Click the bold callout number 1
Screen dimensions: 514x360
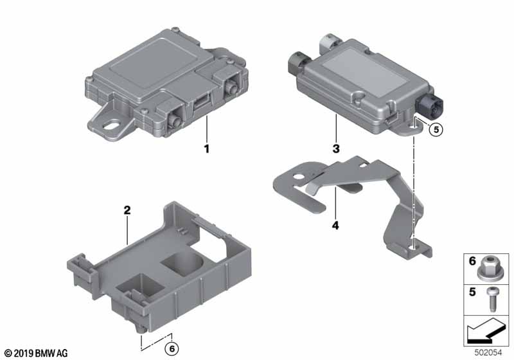click(x=206, y=149)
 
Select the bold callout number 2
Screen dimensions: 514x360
click(x=127, y=210)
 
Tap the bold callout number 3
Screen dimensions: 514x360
click(x=336, y=149)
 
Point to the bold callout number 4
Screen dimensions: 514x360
click(x=335, y=226)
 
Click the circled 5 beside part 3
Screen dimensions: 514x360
click(x=436, y=129)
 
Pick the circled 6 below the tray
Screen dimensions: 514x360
click(x=172, y=349)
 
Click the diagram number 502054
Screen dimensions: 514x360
click(x=488, y=353)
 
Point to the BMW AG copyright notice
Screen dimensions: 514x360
click(x=37, y=353)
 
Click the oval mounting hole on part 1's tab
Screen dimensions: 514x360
click(x=112, y=125)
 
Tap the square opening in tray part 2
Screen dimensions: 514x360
click(x=140, y=285)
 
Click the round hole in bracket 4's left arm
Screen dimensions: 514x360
click(x=299, y=177)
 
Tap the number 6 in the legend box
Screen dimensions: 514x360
click(x=472, y=261)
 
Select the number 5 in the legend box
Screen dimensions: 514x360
click(x=472, y=292)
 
